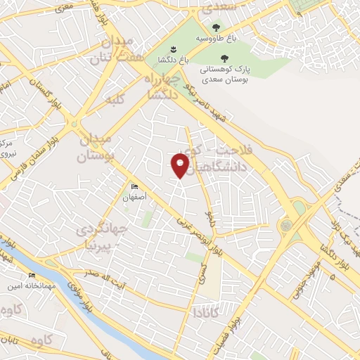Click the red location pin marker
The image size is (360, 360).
click(181, 164)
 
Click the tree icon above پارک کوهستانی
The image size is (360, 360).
click(224, 58)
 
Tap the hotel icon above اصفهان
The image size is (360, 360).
click(134, 186)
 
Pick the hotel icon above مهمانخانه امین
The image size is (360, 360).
click(32, 275)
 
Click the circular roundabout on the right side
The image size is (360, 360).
click(285, 226)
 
